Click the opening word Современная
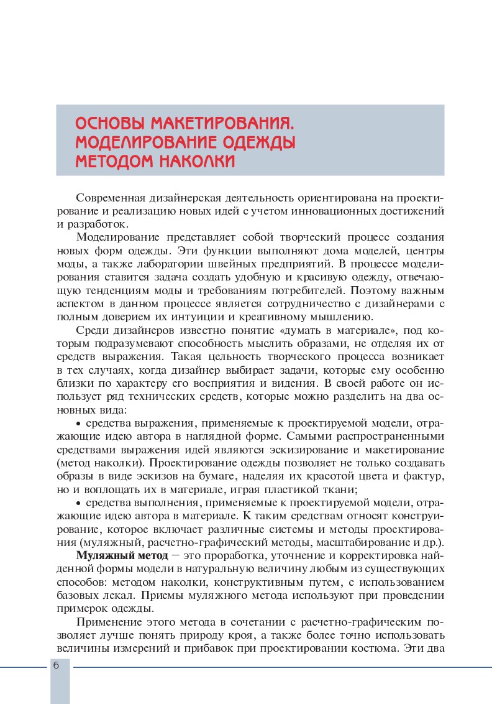click(111, 198)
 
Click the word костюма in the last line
click(379, 649)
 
